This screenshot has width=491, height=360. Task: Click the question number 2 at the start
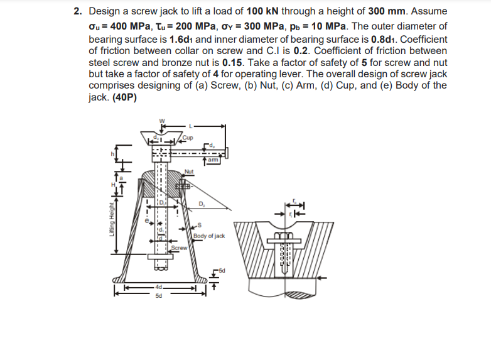[x=77, y=11]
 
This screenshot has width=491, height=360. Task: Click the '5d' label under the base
[x=157, y=297]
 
